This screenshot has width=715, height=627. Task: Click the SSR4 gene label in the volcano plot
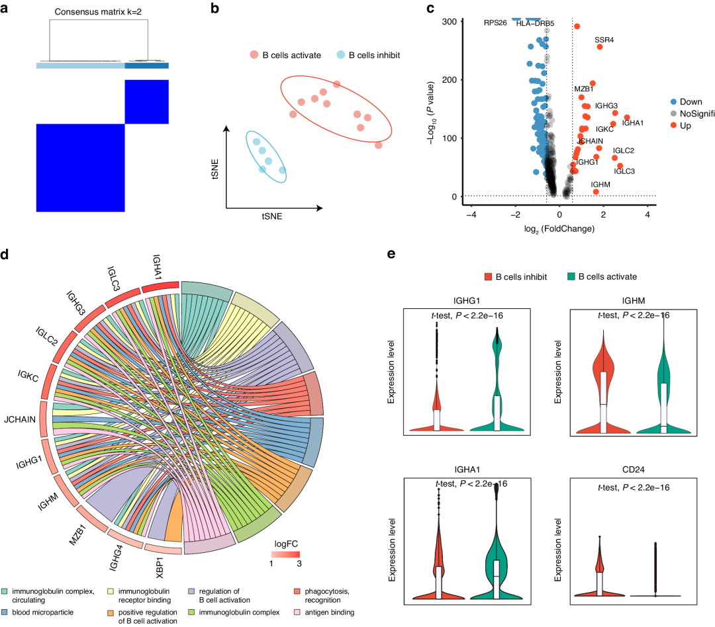pyautogui.click(x=604, y=40)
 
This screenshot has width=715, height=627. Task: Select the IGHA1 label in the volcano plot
pyautogui.click(x=633, y=123)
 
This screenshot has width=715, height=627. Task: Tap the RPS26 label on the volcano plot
pyautogui.click(x=495, y=22)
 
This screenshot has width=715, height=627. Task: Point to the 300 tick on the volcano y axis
pyautogui.click(x=451, y=21)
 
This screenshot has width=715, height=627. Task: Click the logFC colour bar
pyautogui.click(x=285, y=554)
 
